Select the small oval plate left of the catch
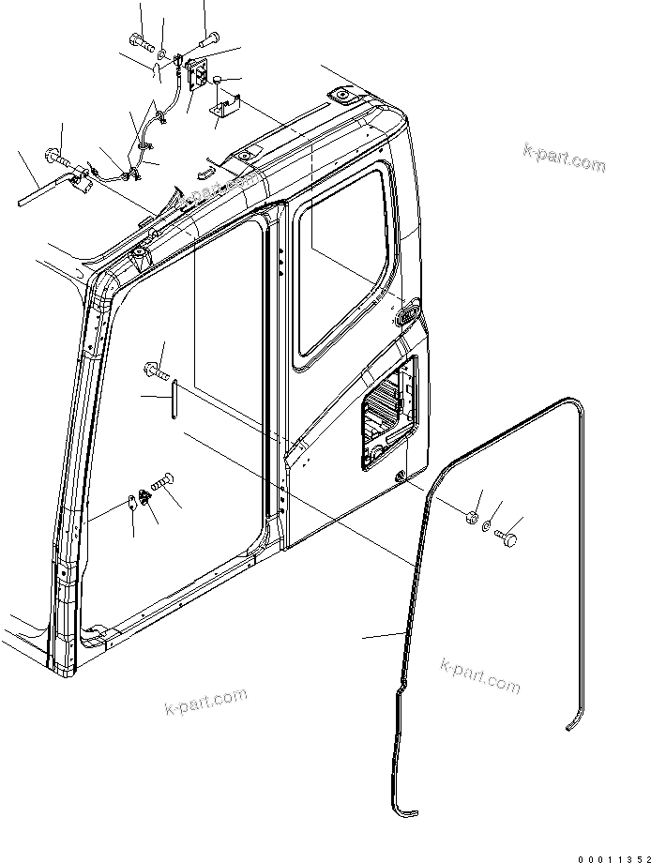[x=131, y=501]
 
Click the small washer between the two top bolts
[x=162, y=53]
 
